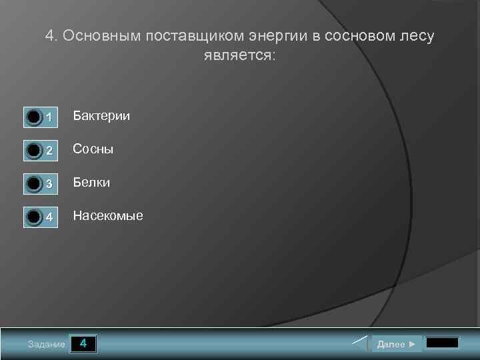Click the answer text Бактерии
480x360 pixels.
click(x=101, y=116)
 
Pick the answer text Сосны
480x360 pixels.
click(x=93, y=149)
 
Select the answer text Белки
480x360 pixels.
click(x=91, y=182)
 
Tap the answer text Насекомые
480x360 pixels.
click(x=108, y=215)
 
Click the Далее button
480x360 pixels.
click(x=397, y=344)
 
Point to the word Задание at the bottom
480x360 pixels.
click(x=47, y=345)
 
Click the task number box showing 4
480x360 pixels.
click(x=83, y=344)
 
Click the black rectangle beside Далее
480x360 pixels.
click(x=442, y=344)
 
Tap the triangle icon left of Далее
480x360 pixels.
click(x=360, y=344)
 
